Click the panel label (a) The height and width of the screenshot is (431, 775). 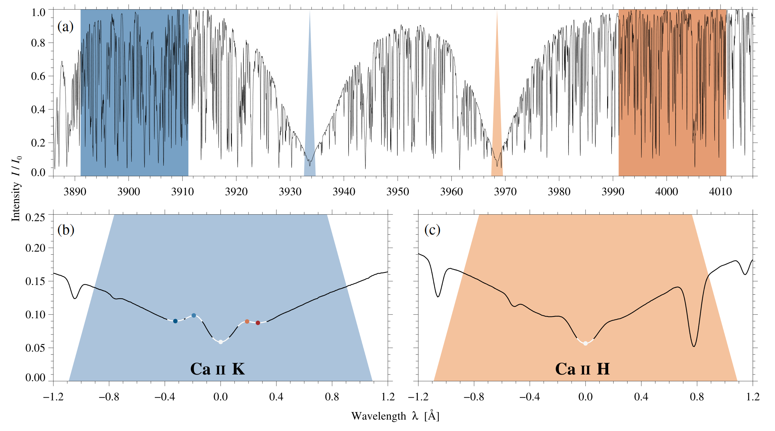66,26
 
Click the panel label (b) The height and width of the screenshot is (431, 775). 66,230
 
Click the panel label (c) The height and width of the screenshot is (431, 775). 432,230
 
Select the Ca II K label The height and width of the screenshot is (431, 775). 218,369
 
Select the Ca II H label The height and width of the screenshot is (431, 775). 582,369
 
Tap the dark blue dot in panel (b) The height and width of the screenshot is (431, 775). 175,321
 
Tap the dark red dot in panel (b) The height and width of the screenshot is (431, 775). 258,323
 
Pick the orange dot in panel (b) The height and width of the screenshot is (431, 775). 247,322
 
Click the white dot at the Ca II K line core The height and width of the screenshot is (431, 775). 221,342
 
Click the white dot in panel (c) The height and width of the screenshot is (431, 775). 585,343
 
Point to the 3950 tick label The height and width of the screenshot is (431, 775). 398,192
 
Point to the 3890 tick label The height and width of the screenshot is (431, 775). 75,192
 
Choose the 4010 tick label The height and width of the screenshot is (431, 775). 720,192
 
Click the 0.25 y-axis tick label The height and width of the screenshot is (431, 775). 35,217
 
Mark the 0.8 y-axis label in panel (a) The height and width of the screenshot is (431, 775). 38,43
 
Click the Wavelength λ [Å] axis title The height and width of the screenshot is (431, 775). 395,416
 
